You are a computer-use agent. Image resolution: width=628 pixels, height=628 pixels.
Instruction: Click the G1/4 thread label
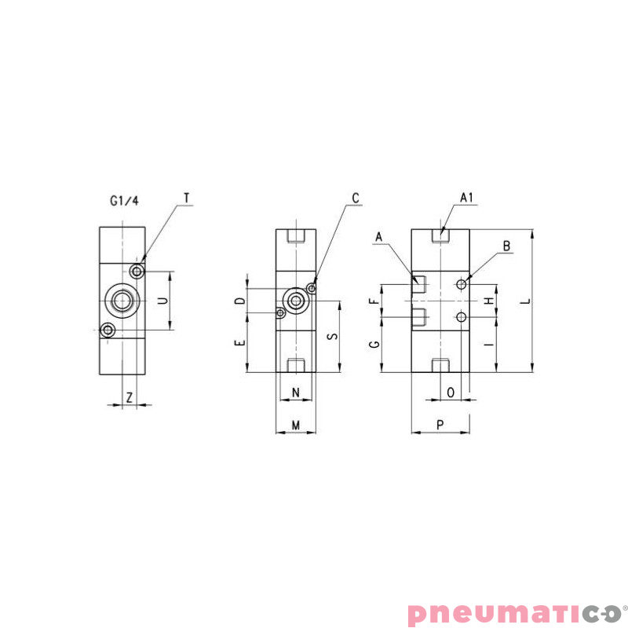pos(124,202)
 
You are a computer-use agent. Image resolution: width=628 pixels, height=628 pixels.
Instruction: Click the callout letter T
pos(186,198)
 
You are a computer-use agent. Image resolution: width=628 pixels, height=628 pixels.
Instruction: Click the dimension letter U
pos(162,301)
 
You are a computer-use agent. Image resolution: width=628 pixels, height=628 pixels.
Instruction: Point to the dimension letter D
pos(241,300)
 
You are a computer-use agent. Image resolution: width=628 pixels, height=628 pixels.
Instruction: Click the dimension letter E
pos(241,343)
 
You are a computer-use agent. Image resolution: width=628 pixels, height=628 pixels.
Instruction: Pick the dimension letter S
pos(330,337)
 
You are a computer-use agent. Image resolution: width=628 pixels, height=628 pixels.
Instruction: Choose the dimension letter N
pos(296,392)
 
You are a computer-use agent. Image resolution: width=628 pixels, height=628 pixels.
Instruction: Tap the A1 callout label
pos(466,197)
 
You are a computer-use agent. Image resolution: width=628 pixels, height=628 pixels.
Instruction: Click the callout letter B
pos(506,246)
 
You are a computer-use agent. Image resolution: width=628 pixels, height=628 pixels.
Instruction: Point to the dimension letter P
pos(440,425)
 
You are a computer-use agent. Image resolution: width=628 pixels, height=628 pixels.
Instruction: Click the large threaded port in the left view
pos(122,300)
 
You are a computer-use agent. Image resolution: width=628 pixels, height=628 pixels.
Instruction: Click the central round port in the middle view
pos(296,300)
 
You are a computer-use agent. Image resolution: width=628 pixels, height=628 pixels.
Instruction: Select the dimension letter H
pos(489,301)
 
